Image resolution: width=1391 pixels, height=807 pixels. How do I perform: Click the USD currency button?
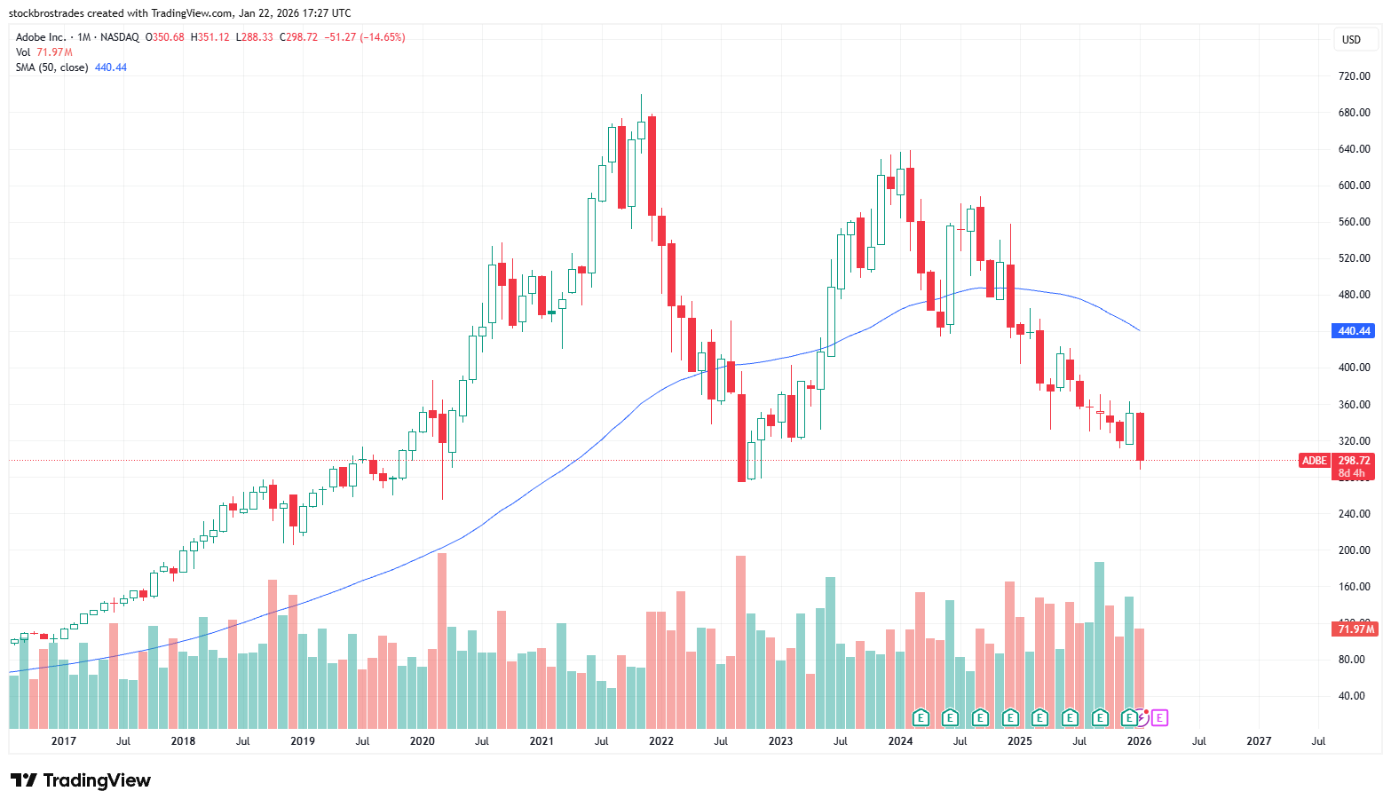pyautogui.click(x=1351, y=40)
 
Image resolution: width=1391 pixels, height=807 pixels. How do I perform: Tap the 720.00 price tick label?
pyautogui.click(x=1354, y=76)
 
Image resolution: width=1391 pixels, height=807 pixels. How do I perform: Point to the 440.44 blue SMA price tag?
pyautogui.click(x=1354, y=331)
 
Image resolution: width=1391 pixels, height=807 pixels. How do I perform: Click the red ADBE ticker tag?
pyautogui.click(x=1315, y=461)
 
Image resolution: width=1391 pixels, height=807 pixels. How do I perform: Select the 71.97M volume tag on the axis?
pyautogui.click(x=1355, y=629)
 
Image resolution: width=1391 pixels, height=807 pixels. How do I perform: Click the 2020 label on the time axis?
pyautogui.click(x=423, y=741)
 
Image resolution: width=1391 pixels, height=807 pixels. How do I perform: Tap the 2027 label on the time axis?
pyautogui.click(x=1259, y=741)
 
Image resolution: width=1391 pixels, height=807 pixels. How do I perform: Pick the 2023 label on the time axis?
pyautogui.click(x=780, y=741)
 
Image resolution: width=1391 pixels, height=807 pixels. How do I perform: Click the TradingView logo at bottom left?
pyautogui.click(x=81, y=780)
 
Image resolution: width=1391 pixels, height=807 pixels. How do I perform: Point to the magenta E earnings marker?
pyautogui.click(x=1159, y=717)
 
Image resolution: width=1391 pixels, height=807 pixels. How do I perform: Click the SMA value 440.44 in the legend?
pyautogui.click(x=111, y=67)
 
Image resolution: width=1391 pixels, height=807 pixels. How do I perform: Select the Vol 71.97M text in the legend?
pyautogui.click(x=44, y=52)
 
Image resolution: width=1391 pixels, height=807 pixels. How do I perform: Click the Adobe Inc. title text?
pyautogui.click(x=41, y=37)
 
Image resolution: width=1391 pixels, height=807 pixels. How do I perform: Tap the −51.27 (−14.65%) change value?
pyautogui.click(x=365, y=37)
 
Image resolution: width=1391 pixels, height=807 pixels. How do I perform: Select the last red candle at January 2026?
pyautogui.click(x=1140, y=436)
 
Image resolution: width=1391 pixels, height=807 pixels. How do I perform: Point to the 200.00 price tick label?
pyautogui.click(x=1354, y=550)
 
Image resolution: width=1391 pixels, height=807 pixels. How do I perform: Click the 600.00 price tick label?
pyautogui.click(x=1354, y=186)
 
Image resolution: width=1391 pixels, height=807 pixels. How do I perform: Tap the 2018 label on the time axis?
pyautogui.click(x=183, y=741)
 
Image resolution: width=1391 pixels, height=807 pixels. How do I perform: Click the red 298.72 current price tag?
pyautogui.click(x=1355, y=461)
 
